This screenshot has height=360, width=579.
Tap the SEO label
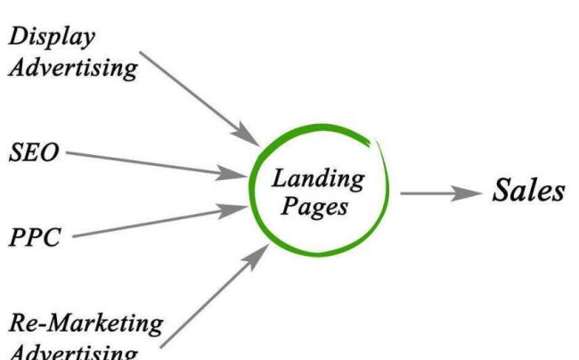point(33,151)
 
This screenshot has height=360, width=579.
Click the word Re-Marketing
point(86,323)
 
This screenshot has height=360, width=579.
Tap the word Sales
point(529,191)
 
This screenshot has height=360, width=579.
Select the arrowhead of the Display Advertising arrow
point(248,135)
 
